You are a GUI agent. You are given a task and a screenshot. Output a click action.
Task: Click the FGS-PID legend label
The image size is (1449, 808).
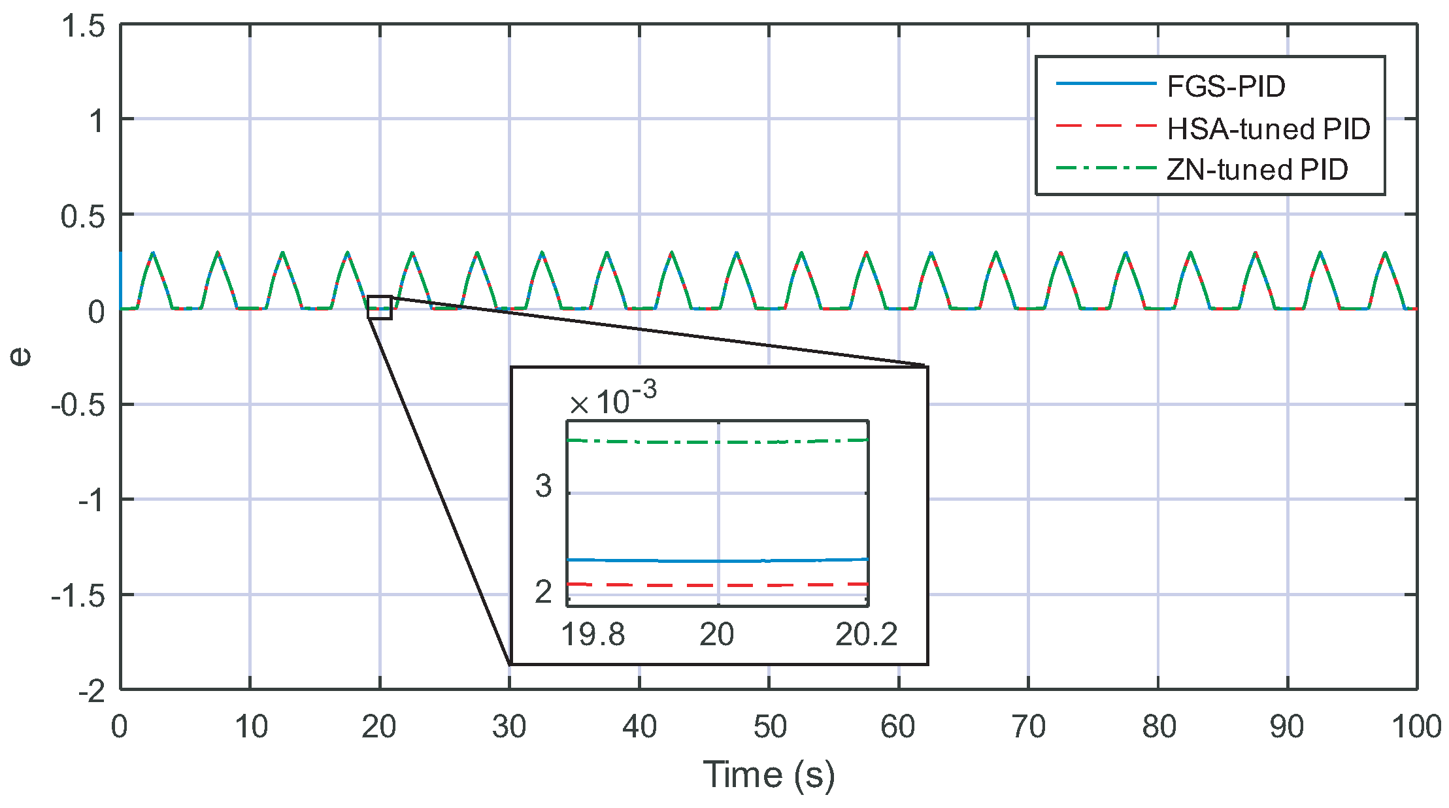click(x=1225, y=87)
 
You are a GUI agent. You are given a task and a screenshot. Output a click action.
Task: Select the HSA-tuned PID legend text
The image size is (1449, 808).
click(x=1268, y=129)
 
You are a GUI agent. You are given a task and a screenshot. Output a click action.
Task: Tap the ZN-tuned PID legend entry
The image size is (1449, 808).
click(x=1257, y=170)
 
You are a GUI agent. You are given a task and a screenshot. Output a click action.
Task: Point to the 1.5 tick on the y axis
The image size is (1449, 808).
click(x=83, y=27)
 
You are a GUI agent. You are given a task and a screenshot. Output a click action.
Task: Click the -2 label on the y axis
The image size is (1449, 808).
click(x=92, y=691)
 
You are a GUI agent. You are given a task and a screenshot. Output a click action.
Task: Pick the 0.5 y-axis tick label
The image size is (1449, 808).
click(x=83, y=216)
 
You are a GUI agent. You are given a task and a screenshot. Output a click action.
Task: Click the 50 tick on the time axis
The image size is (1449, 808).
click(x=769, y=727)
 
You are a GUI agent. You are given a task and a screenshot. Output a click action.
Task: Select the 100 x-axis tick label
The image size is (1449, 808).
click(x=1416, y=727)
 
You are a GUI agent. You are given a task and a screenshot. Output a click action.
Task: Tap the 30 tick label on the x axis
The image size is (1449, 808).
click(x=509, y=727)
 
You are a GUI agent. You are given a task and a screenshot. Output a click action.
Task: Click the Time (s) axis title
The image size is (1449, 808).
click(x=769, y=775)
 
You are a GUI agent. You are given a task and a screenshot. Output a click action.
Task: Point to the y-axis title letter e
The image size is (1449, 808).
click(x=21, y=356)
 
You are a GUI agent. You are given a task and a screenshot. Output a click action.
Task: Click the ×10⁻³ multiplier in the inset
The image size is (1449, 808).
click(x=612, y=400)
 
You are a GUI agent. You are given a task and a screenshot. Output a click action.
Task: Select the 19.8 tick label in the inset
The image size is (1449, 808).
click(x=593, y=634)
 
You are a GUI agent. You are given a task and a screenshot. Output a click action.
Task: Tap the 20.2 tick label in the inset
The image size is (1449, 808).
click(x=866, y=634)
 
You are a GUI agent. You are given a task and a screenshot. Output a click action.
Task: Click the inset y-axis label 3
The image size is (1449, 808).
click(x=543, y=486)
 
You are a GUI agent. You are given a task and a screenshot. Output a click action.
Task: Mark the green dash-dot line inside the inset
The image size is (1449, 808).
click(x=654, y=443)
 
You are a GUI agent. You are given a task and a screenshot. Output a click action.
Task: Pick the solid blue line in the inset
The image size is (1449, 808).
click(x=654, y=561)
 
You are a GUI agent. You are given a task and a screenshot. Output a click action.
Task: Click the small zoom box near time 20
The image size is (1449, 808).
click(x=380, y=307)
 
